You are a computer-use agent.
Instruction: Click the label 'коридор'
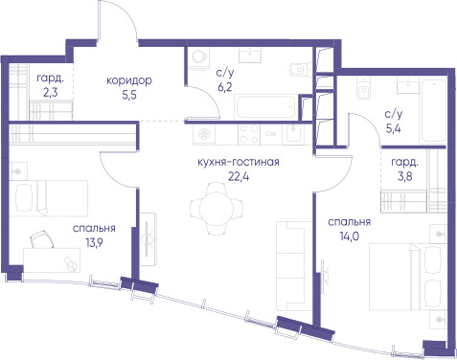pos(129,81)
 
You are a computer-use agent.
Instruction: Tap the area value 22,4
pos(239,176)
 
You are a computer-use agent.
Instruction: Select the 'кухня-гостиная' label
pos(239,162)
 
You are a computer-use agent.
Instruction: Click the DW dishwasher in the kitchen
pos(271,134)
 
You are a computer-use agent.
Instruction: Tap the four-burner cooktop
pos(249,134)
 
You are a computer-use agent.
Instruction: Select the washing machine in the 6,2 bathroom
pos(198,58)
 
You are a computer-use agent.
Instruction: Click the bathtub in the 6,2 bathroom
pos(265,106)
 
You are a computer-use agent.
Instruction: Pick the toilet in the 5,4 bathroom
pos(363,89)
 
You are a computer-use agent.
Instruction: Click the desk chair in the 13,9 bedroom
pos(42,239)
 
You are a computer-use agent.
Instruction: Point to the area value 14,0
pos(350,236)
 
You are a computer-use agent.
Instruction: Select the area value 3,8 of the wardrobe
pos(404,176)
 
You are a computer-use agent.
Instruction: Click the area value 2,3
pos(51,92)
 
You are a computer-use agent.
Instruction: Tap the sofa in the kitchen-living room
pos(293,266)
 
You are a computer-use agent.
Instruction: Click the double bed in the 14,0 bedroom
pos(408,277)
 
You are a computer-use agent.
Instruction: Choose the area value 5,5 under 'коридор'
pos(129,95)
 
